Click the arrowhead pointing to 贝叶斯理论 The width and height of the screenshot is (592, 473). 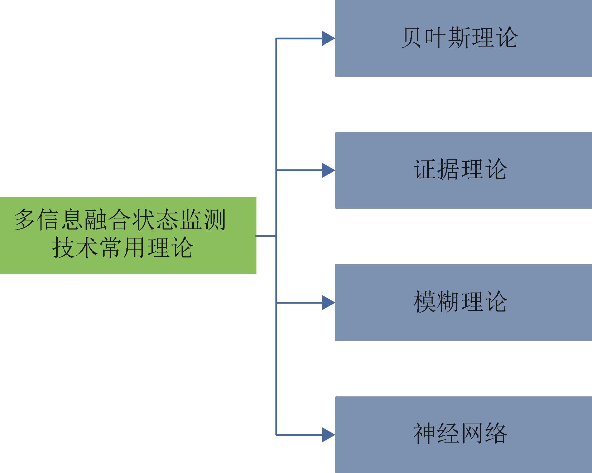[x=328, y=38]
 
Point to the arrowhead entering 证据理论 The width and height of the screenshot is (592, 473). [x=328, y=170]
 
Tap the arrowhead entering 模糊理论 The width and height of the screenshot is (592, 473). [x=328, y=303]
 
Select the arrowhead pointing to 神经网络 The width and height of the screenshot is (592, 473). [x=328, y=435]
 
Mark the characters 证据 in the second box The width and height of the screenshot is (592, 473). [x=436, y=169]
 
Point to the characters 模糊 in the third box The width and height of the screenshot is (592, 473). [x=436, y=302]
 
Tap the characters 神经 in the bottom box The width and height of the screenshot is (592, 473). [x=436, y=434]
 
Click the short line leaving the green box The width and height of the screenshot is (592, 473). [x=266, y=236]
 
